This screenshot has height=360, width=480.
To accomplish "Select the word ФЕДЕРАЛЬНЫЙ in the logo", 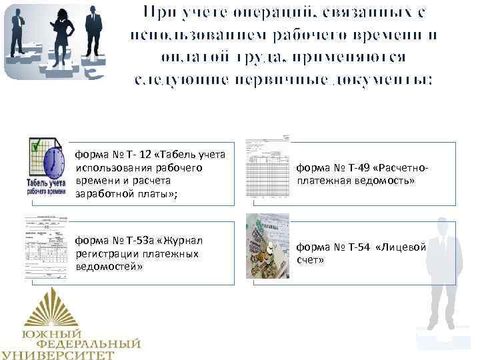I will point(89,344).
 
